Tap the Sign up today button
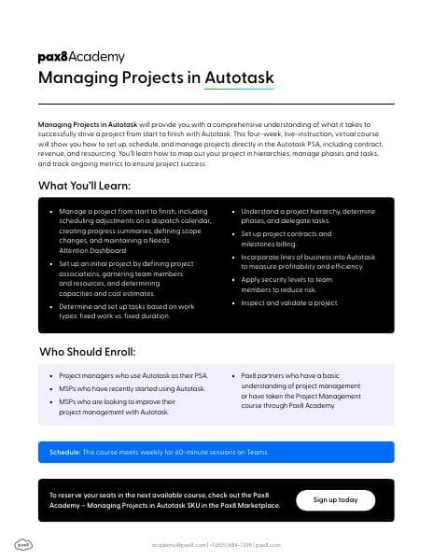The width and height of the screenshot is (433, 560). (x=335, y=499)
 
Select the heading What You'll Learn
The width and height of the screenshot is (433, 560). (x=84, y=186)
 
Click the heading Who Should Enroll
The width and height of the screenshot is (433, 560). (x=87, y=353)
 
